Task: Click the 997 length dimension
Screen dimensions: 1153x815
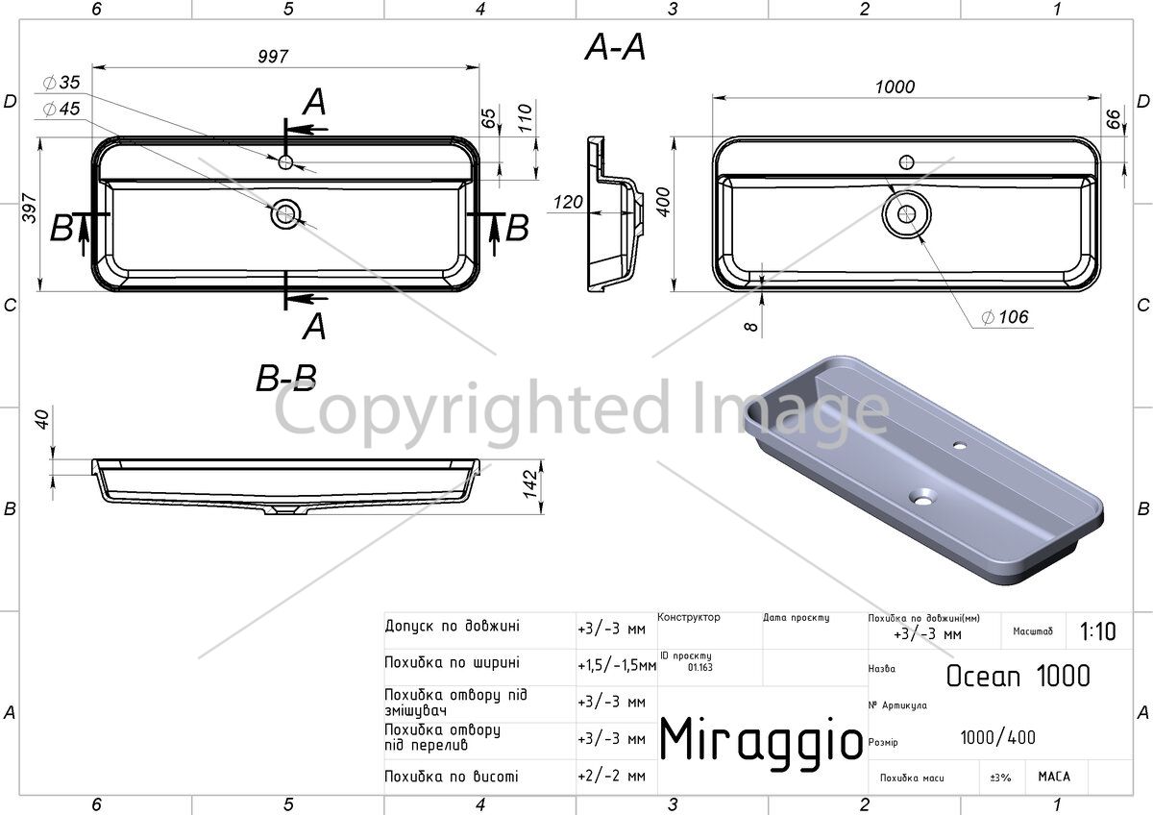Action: pyautogui.click(x=273, y=56)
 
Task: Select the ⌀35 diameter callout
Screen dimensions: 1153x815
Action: pyautogui.click(x=61, y=83)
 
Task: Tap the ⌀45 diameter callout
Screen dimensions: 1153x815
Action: pyautogui.click(x=61, y=109)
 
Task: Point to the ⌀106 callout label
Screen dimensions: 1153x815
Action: pyautogui.click(x=1005, y=317)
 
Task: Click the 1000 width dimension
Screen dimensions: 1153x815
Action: pyautogui.click(x=895, y=86)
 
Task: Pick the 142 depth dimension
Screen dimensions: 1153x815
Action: pyautogui.click(x=529, y=484)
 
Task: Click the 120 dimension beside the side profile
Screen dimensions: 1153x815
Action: pyautogui.click(x=568, y=202)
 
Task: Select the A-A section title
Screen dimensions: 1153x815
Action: pyautogui.click(x=615, y=47)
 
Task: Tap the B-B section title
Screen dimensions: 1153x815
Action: pyautogui.click(x=286, y=378)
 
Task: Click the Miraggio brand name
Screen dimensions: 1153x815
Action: pyautogui.click(x=761, y=740)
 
